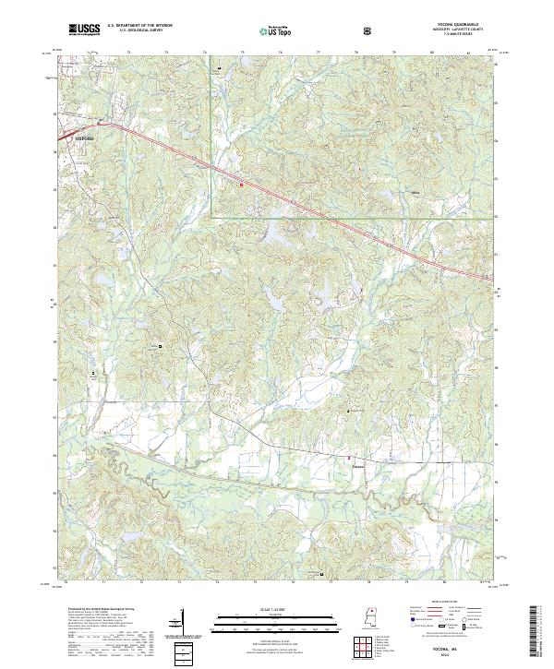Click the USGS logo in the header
click(83, 30)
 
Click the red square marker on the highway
click(242, 184)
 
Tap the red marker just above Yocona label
click(348, 457)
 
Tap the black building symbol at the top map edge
click(219, 69)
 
